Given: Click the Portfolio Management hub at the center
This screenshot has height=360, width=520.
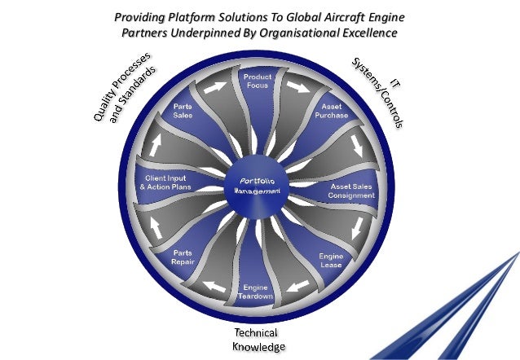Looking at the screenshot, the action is (x=260, y=185).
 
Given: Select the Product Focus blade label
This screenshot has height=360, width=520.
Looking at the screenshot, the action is (x=257, y=81).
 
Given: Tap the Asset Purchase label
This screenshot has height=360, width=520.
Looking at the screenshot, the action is (x=331, y=111).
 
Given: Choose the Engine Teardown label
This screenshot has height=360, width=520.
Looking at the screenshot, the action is (x=257, y=292).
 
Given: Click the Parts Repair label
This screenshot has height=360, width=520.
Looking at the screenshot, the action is (x=182, y=259).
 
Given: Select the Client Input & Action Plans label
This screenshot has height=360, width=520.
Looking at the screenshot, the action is (x=167, y=182).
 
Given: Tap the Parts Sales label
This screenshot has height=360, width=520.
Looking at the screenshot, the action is (x=183, y=112).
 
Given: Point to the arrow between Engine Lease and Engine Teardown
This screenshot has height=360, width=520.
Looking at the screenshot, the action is (x=299, y=285).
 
